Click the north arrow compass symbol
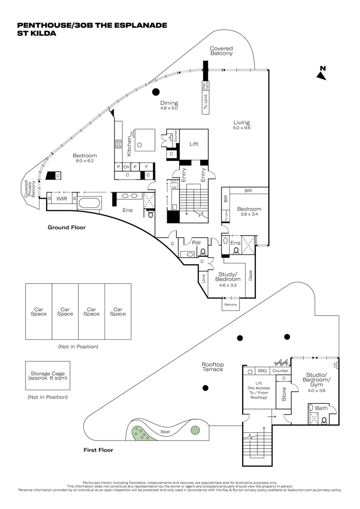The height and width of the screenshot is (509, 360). pyautogui.click(x=322, y=74)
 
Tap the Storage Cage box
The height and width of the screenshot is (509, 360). pyautogui.click(x=48, y=376)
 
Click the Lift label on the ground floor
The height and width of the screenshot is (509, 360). pyautogui.click(x=194, y=144)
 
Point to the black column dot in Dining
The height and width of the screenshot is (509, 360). pyautogui.click(x=156, y=92)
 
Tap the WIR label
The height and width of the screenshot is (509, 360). pyautogui.click(x=61, y=199)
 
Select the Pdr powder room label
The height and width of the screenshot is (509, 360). pyautogui.click(x=196, y=243)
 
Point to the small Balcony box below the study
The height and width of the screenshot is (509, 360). pyautogui.click(x=230, y=305)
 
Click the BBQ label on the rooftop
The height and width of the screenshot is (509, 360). pyautogui.click(x=262, y=371)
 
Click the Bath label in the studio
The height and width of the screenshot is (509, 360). pyautogui.click(x=321, y=408)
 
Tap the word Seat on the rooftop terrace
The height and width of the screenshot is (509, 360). pyautogui.click(x=165, y=431)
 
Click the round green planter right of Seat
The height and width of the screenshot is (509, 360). pyautogui.click(x=195, y=430)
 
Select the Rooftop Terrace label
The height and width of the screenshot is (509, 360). pyautogui.click(x=213, y=367)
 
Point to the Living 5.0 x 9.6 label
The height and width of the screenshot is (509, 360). pyautogui.click(x=241, y=125)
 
